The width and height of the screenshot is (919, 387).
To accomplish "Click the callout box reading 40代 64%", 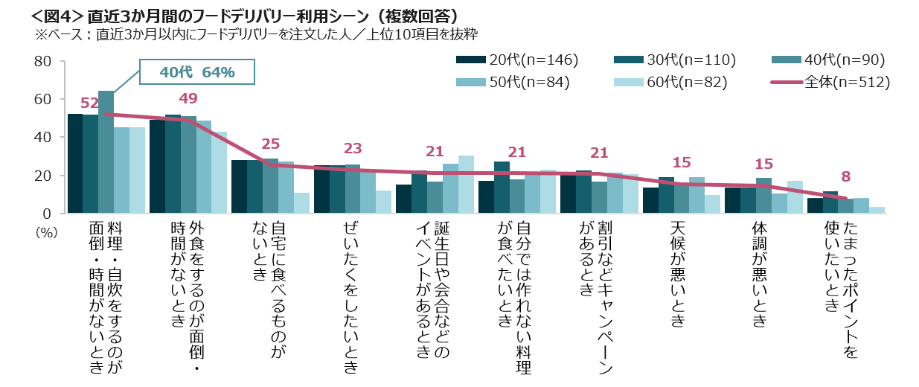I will pyautogui.click(x=197, y=72).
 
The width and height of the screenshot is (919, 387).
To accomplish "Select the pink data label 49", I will pyautogui.click(x=188, y=98).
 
